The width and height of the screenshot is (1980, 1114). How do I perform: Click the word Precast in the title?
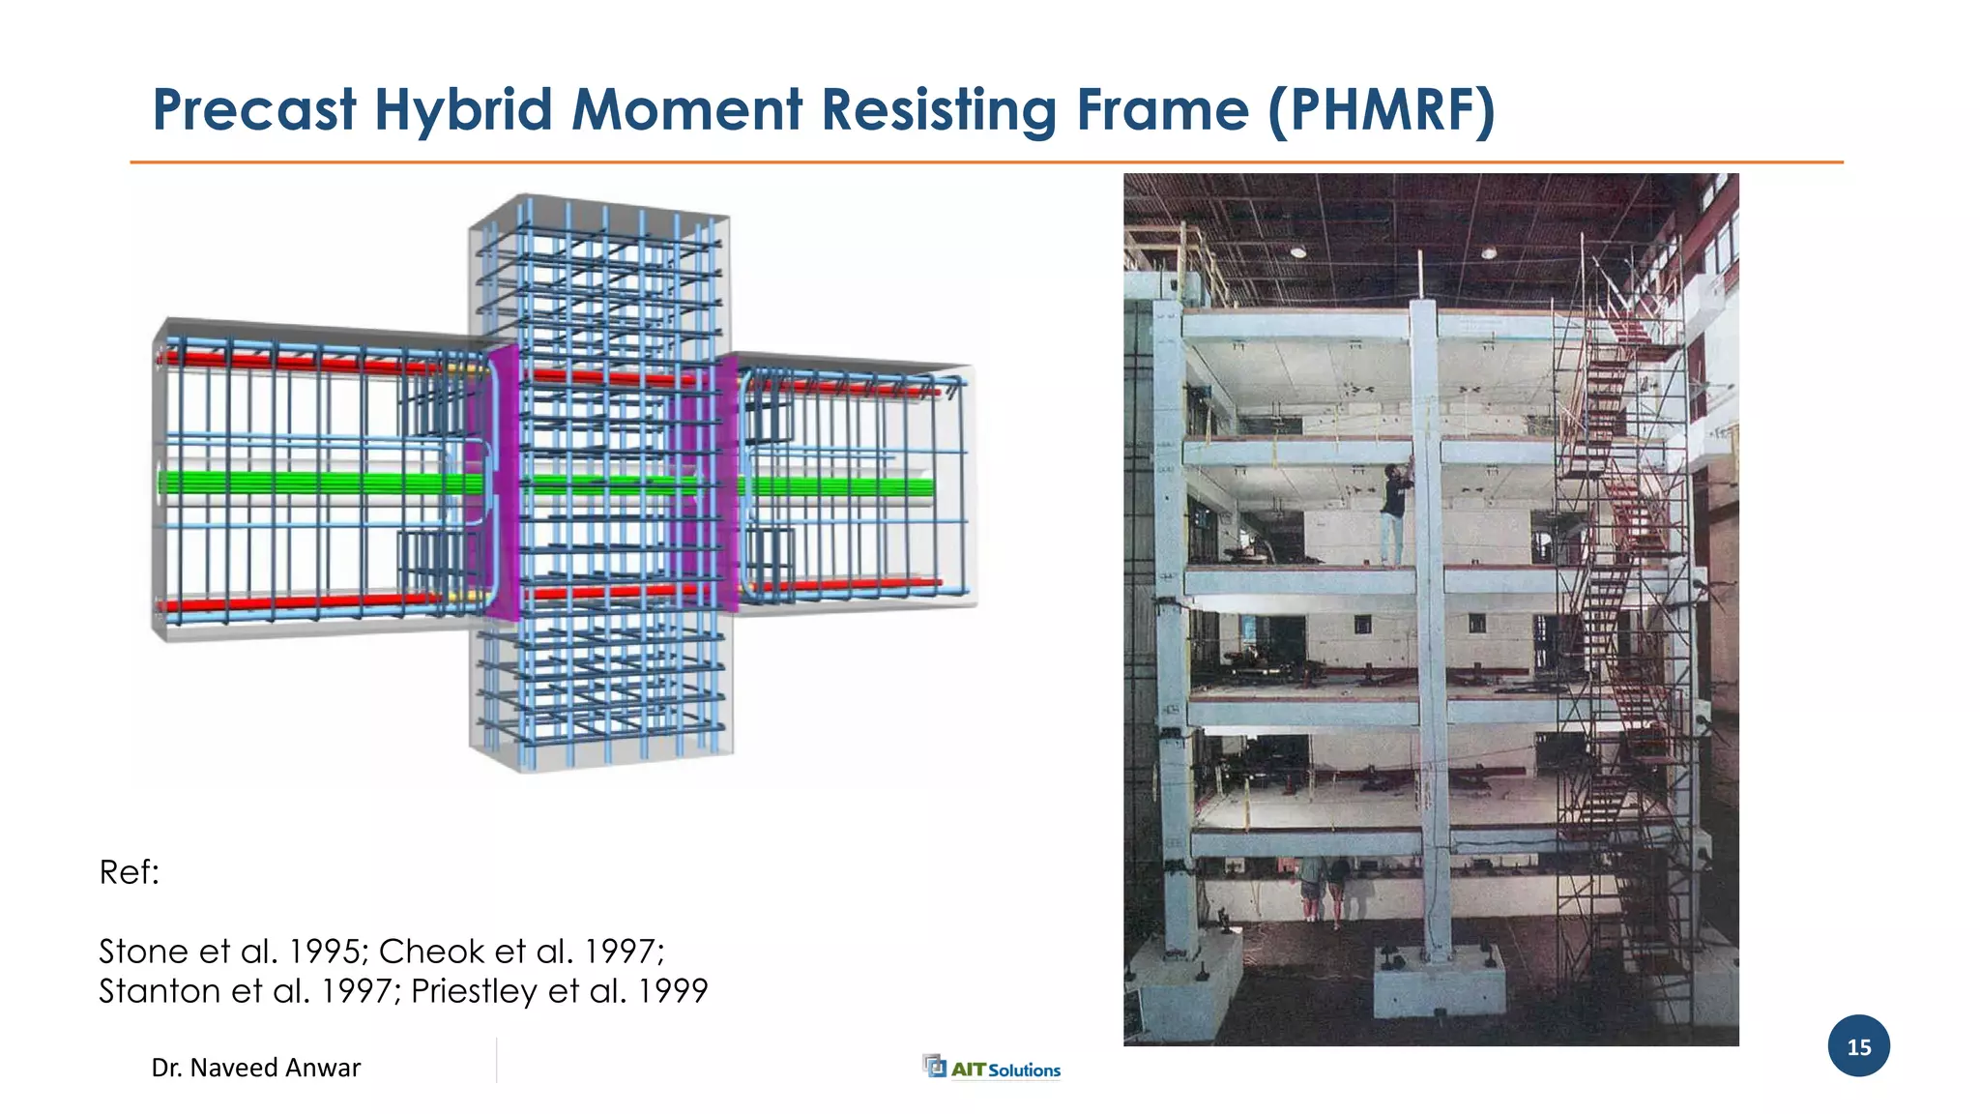pyautogui.click(x=254, y=109)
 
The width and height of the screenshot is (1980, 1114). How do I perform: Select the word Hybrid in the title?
pyautogui.click(x=463, y=109)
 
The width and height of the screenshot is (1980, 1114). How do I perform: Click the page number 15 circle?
pyautogui.click(x=1858, y=1046)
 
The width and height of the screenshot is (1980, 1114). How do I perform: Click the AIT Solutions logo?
pyautogui.click(x=993, y=1068)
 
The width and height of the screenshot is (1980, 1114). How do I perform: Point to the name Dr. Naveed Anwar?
pyautogui.click(x=256, y=1068)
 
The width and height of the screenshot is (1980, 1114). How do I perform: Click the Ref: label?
pyautogui.click(x=129, y=872)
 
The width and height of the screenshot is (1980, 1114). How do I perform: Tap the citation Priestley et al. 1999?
pyautogui.click(x=560, y=991)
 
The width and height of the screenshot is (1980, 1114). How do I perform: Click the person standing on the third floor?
pyautogui.click(x=1393, y=513)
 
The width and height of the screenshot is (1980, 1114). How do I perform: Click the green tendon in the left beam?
pyautogui.click(x=309, y=483)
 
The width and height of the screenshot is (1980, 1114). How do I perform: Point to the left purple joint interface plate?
pyautogui.click(x=502, y=484)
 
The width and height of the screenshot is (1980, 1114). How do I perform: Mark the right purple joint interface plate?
pyautogui.click(x=725, y=484)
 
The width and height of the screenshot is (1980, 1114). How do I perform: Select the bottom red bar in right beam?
pyautogui.click(x=841, y=585)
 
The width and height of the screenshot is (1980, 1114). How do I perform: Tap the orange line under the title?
pyautogui.click(x=986, y=162)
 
